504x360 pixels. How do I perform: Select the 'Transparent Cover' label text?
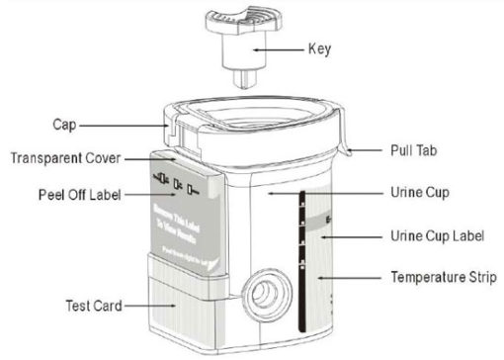[x=62, y=158]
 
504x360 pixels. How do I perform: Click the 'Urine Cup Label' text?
[x=436, y=237]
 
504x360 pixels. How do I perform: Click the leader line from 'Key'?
[x=285, y=46]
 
